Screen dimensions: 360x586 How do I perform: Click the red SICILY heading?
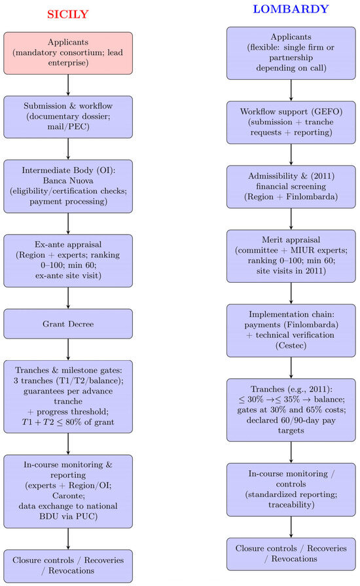[x=67, y=14]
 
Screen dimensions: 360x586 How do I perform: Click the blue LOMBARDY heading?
[x=291, y=9]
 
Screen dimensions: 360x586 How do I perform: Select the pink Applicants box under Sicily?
[x=68, y=53]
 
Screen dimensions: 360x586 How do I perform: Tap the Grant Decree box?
[x=68, y=323]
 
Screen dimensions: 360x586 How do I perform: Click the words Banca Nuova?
[x=68, y=181]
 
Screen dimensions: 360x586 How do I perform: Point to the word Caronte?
[x=68, y=496]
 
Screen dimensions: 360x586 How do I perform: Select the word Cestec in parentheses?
[x=291, y=345]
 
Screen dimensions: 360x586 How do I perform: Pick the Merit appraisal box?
[x=291, y=256]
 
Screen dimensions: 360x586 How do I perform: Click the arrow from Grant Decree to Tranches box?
[x=68, y=350]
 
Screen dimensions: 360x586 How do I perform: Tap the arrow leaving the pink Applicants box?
[x=68, y=85]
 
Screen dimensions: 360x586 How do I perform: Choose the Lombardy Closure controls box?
[x=291, y=554]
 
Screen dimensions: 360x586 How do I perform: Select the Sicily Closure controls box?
[x=68, y=566]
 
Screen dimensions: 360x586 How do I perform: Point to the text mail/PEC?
[x=68, y=126]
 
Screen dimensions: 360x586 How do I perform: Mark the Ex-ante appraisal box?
[x=68, y=261]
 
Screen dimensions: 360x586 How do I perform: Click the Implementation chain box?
[x=291, y=331]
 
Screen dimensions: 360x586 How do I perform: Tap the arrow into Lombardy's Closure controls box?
[x=291, y=527]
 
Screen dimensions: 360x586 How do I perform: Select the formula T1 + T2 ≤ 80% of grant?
[x=68, y=422]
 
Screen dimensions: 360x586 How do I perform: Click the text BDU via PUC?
[x=68, y=516]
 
